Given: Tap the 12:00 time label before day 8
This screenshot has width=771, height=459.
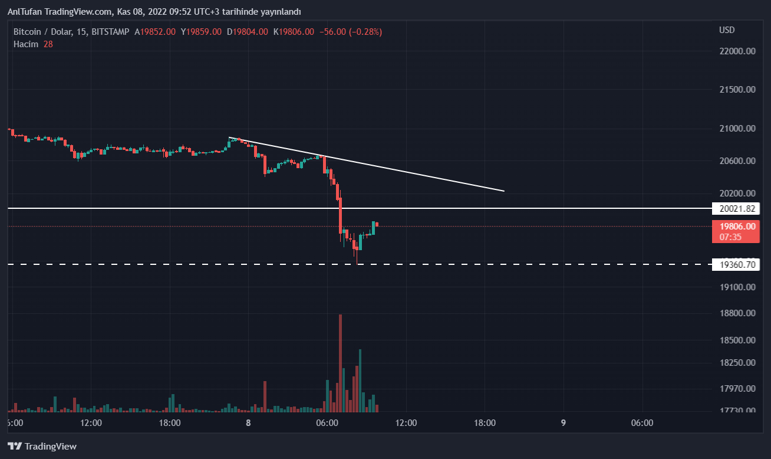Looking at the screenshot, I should click(x=91, y=423).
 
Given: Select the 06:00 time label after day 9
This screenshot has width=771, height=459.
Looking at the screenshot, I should click(x=642, y=423).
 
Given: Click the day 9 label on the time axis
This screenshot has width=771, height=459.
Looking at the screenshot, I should click(x=564, y=423).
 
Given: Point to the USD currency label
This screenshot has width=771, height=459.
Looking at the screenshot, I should click(x=727, y=30).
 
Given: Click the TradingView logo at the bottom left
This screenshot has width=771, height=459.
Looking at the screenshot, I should click(x=42, y=447).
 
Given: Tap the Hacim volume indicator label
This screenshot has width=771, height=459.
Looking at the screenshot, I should click(x=26, y=44).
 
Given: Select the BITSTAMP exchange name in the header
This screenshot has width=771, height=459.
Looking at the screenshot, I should click(x=110, y=32).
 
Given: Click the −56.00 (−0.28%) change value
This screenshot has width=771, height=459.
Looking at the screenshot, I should click(x=350, y=32).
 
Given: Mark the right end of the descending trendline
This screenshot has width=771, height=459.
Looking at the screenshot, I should click(x=504, y=191).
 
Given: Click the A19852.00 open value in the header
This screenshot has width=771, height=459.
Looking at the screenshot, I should click(x=155, y=32).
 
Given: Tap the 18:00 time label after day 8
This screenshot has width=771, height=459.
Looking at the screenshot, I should click(x=485, y=423).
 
